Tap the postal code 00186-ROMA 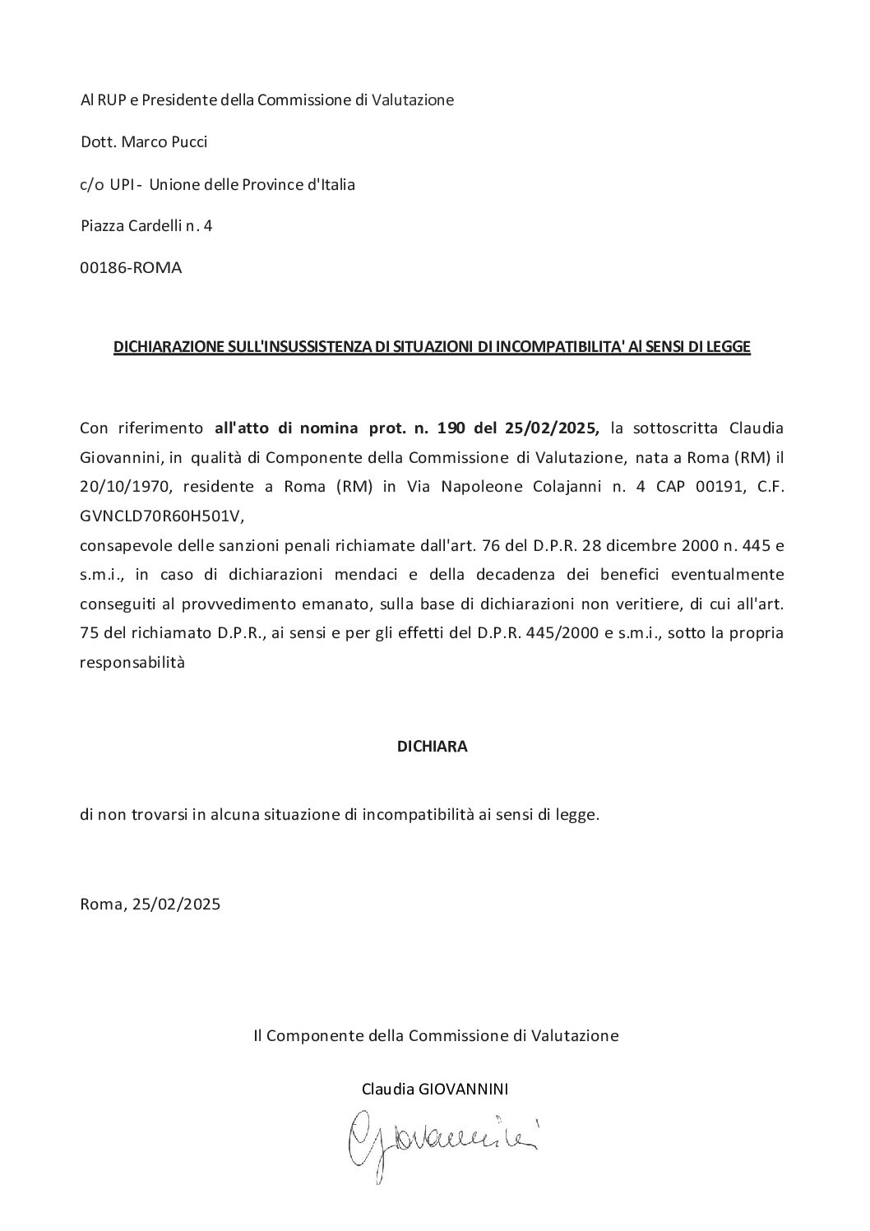pos(131,268)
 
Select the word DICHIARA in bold pos(432,747)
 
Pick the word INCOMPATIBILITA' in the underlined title pos(550,348)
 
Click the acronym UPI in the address pos(113,185)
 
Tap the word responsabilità pos(132,663)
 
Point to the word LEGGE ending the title pos(728,348)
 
